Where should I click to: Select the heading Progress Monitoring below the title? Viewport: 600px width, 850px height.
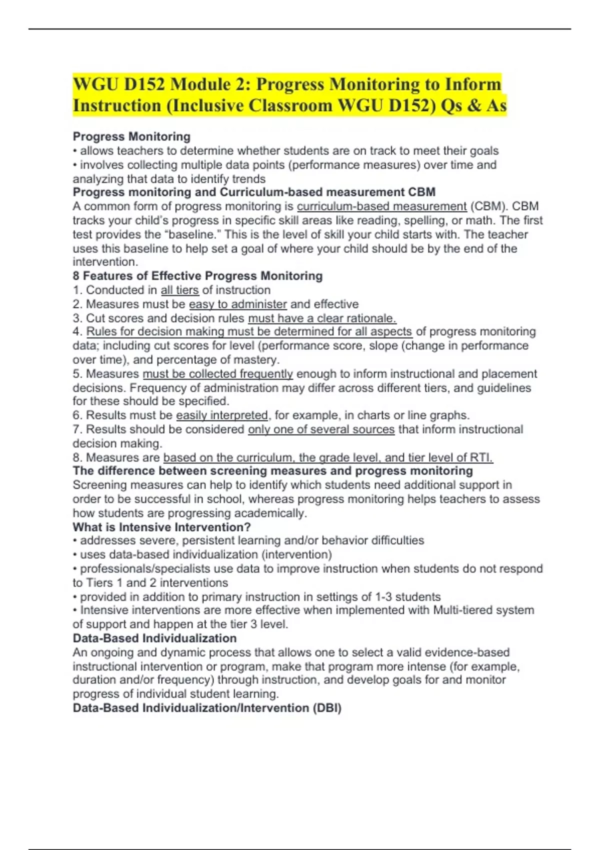point(131,136)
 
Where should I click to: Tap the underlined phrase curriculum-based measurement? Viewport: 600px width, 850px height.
point(381,206)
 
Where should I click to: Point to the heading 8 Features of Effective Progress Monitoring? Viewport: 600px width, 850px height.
point(197,276)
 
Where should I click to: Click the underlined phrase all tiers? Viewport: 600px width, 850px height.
point(179,290)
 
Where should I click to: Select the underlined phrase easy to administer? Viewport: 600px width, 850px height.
point(237,304)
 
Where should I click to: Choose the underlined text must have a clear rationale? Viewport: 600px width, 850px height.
point(322,318)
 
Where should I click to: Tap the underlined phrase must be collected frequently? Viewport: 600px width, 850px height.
point(217,374)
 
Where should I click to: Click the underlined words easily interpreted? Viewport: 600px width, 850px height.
point(222,415)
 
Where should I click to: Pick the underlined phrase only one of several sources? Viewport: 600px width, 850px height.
point(321,429)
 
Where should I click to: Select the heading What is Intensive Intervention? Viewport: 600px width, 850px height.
point(161,527)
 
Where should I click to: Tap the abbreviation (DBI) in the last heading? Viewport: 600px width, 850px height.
point(327,708)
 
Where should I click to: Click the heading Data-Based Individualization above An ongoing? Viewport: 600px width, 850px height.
point(154,638)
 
